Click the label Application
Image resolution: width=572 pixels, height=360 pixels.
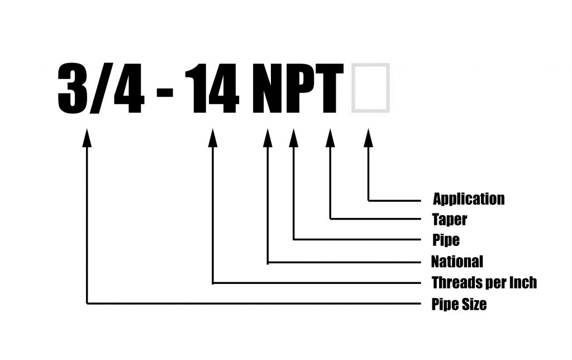tap(469, 200)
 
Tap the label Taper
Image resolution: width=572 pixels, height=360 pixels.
tap(450, 220)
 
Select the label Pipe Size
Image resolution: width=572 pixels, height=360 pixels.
tap(459, 304)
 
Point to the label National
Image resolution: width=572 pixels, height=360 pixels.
tap(457, 262)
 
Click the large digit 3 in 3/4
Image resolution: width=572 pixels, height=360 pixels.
tap(73, 88)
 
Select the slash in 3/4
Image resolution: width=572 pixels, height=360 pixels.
tap(101, 88)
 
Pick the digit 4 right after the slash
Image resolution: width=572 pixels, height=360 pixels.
tap(129, 88)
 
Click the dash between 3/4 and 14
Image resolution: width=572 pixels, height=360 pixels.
tap(165, 93)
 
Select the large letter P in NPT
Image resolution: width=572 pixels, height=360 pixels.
tap(301, 88)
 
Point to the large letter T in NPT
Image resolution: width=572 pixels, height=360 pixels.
tap(330, 88)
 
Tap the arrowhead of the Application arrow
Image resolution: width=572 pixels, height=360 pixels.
tap(369, 138)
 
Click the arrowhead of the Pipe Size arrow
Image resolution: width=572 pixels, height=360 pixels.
tap(87, 138)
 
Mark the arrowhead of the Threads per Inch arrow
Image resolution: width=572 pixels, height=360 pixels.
tap(213, 138)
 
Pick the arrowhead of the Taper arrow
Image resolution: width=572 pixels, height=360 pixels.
tap(330, 138)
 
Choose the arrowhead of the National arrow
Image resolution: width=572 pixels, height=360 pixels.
tap(268, 138)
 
